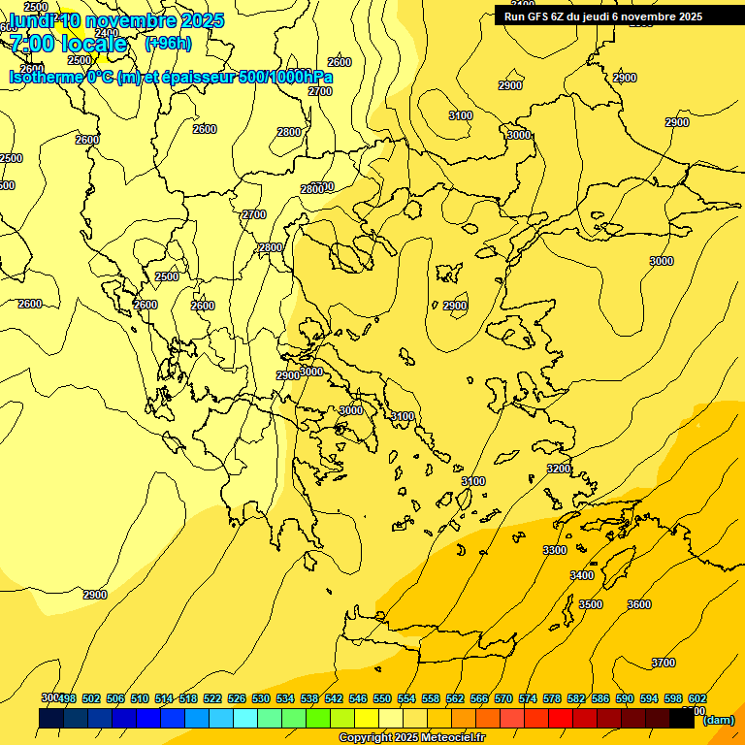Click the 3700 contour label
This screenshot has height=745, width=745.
pyautogui.click(x=664, y=663)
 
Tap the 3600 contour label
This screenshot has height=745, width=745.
pyautogui.click(x=639, y=604)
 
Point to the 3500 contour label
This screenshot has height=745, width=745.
pyautogui.click(x=590, y=604)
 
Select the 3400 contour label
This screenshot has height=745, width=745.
pyautogui.click(x=581, y=575)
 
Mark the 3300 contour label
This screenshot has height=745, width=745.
pyautogui.click(x=555, y=550)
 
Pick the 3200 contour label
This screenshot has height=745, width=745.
pyautogui.click(x=559, y=469)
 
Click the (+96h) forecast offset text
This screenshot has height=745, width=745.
pyautogui.click(x=168, y=44)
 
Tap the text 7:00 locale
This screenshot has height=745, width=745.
pyautogui.click(x=68, y=44)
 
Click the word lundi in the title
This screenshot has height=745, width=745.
pyautogui.click(x=29, y=20)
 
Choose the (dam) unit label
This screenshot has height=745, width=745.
pyautogui.click(x=718, y=720)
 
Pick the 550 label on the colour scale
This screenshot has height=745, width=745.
pyautogui.click(x=382, y=698)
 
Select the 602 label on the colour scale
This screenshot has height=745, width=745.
pyautogui.click(x=696, y=698)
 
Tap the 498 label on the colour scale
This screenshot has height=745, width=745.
pyautogui.click(x=67, y=698)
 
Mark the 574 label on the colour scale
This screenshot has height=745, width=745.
pyautogui.click(x=528, y=698)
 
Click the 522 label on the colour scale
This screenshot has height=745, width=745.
pyautogui.click(x=212, y=698)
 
